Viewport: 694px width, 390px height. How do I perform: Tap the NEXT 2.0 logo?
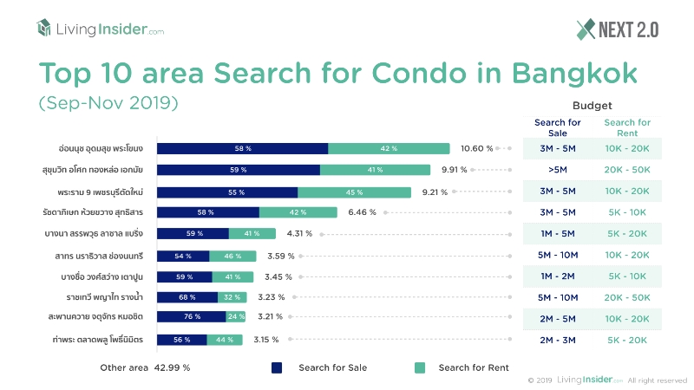[x=617, y=29]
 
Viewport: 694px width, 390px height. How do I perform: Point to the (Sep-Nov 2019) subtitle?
[x=108, y=102]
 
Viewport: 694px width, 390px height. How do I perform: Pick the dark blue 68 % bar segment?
[x=187, y=296]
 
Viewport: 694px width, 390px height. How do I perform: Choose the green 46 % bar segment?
[x=232, y=256]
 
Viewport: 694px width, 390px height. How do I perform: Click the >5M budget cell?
[x=558, y=170]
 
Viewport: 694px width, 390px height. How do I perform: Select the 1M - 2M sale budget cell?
[x=558, y=276]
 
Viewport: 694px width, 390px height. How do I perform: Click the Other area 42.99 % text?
[x=145, y=367]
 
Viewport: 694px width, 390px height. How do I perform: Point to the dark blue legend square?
[x=277, y=367]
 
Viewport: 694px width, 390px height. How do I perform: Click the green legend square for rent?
[x=420, y=367]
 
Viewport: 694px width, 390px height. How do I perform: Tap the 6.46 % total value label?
[x=362, y=211]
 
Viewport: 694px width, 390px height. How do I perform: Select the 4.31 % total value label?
[x=299, y=233]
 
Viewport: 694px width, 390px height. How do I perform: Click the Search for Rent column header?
[x=626, y=128]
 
